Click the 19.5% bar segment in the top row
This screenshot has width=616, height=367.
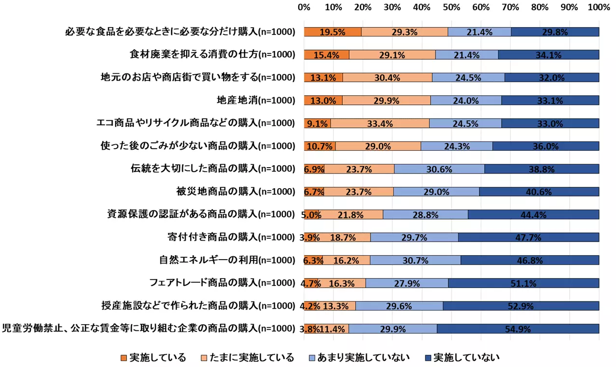pos(333,32)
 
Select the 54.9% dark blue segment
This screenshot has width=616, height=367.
pos(518,329)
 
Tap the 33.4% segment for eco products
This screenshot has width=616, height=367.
pos(380,123)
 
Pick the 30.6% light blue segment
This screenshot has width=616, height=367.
pos(439,169)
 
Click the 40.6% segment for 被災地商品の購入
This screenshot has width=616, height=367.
pos(539,192)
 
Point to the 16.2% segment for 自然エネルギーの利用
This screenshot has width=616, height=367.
pos(346,260)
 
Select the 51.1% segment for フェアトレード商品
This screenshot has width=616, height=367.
pos(524,283)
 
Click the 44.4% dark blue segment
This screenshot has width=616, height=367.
pos(533,214)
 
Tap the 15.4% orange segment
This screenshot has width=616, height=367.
pos(326,55)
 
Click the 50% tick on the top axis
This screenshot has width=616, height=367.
pos(452,8)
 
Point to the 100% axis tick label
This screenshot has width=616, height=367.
pos(598,8)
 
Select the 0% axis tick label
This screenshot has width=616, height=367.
pos(304,8)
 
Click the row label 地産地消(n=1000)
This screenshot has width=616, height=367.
pos(256,101)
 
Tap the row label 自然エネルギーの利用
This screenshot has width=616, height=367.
pos(227,260)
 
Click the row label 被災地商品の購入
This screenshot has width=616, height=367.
pos(235,192)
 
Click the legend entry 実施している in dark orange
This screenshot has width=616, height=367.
pos(154,358)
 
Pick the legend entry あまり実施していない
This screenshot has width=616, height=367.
pos(358,358)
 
